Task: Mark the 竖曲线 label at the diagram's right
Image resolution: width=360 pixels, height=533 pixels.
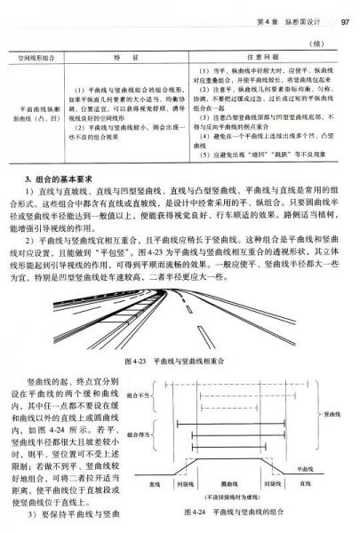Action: click(334, 414)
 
